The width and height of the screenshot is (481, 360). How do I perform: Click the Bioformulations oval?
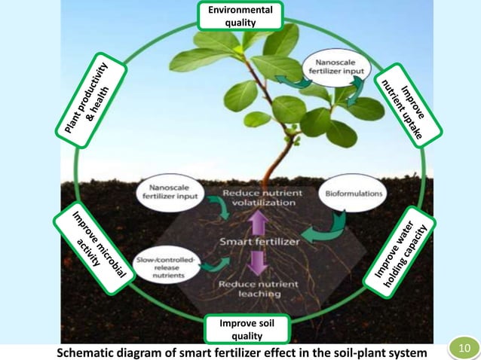click(353, 194)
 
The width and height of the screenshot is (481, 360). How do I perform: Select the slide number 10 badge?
click(463, 349)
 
